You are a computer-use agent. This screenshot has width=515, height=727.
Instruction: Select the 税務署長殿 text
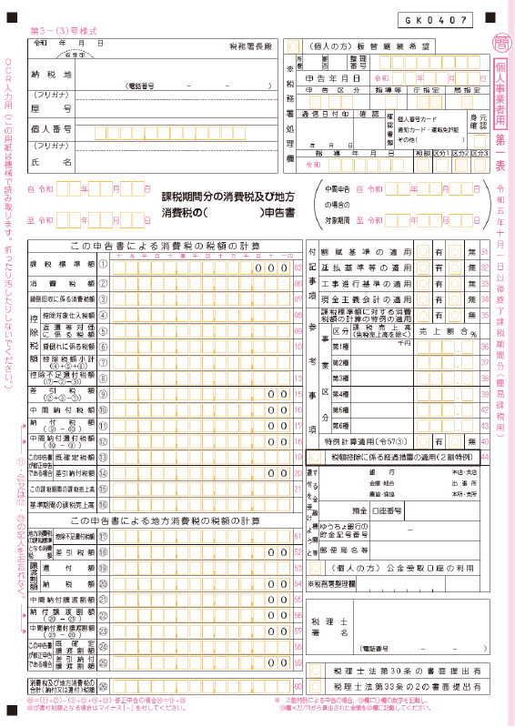(248, 45)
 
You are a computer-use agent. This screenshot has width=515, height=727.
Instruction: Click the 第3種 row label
(340, 377)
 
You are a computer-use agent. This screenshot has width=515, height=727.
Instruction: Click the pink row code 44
(485, 457)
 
